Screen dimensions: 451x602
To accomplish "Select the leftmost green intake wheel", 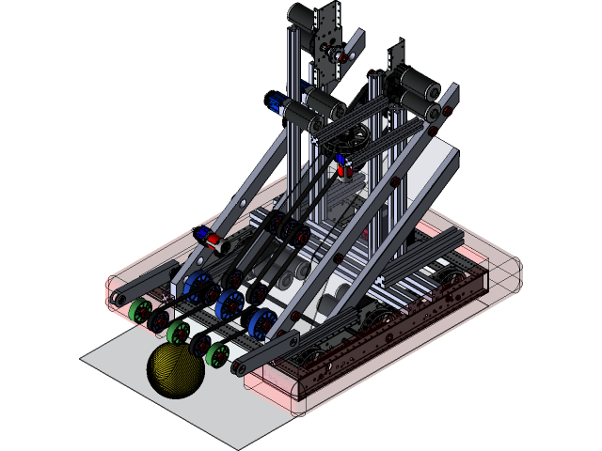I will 141,312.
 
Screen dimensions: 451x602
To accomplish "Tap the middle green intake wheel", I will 178,332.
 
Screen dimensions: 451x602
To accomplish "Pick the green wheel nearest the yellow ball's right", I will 218,355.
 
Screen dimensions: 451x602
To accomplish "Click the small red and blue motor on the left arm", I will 211,241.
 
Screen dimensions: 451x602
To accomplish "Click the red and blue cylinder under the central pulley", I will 342,169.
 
